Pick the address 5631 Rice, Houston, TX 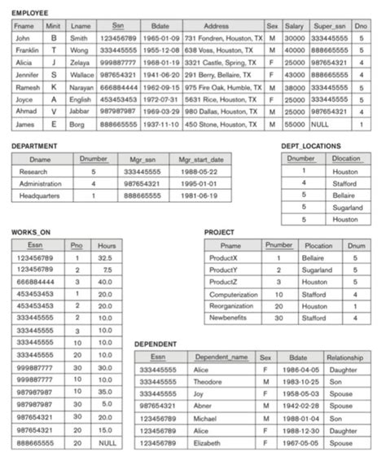coord(221,99)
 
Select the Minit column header coord(54,26)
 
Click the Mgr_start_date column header coord(200,160)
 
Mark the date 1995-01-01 coord(200,185)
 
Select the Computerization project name coord(232,295)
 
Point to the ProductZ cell coord(230,282)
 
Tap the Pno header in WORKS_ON coord(76,244)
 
